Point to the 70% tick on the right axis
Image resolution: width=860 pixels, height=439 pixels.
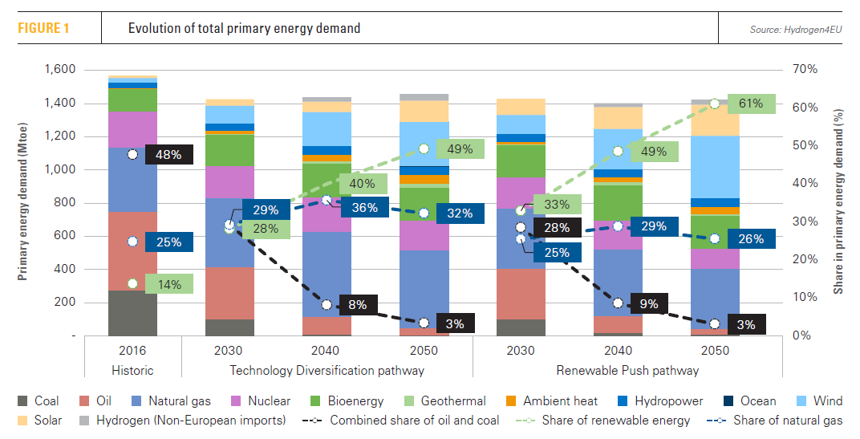tap(805, 70)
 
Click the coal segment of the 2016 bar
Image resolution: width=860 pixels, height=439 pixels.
tap(132, 312)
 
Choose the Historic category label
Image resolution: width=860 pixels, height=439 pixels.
tap(132, 371)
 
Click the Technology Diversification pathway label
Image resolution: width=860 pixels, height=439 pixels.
tap(327, 371)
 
